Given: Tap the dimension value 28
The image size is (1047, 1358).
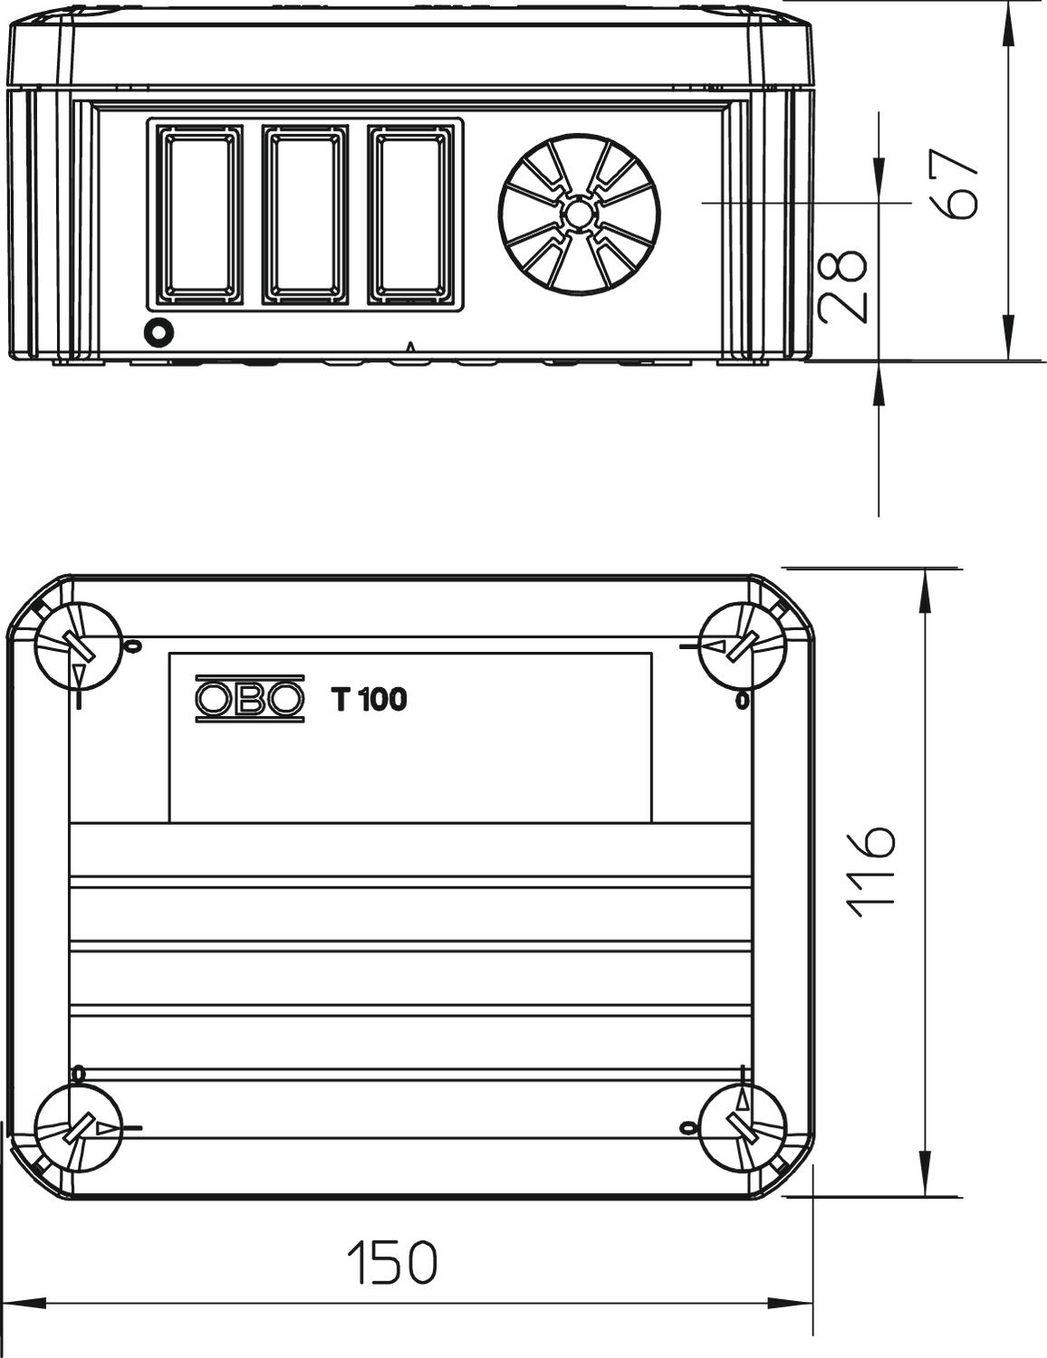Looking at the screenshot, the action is [x=843, y=287].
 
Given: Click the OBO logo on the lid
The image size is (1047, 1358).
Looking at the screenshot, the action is [x=249, y=699].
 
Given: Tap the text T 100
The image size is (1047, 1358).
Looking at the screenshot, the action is [x=369, y=699].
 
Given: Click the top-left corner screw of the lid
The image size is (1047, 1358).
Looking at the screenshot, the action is [x=79, y=646].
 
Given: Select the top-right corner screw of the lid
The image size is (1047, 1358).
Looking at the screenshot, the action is [x=742, y=646].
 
